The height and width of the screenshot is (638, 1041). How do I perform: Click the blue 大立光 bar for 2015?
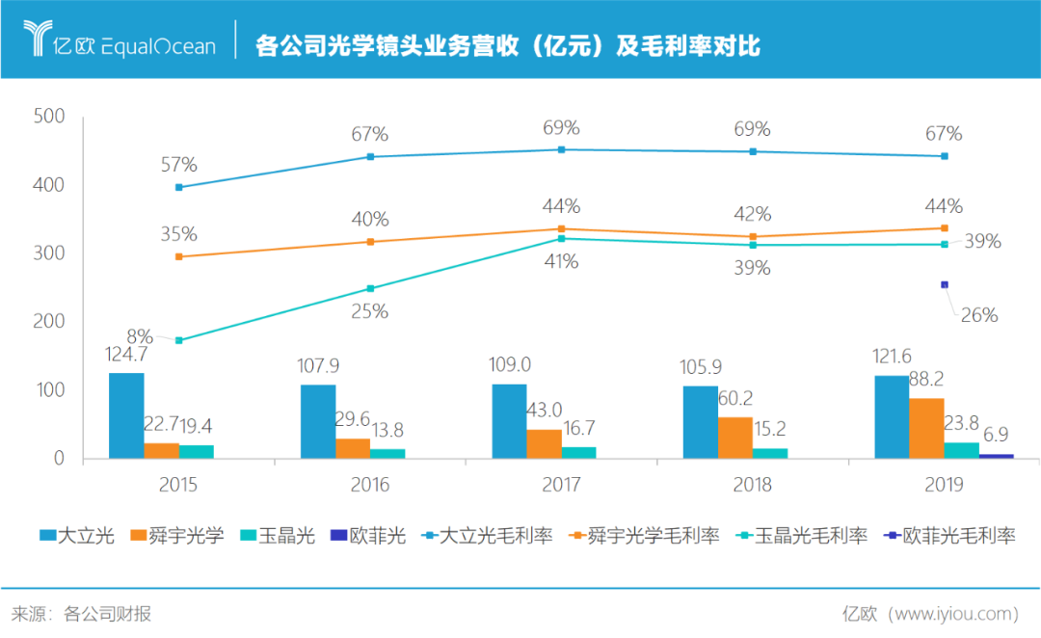[x=126, y=415]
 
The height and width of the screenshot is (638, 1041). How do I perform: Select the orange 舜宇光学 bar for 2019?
[x=926, y=428]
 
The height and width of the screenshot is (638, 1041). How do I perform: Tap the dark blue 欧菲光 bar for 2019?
[x=997, y=456]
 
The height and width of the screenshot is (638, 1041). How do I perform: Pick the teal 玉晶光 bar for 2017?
[x=578, y=452]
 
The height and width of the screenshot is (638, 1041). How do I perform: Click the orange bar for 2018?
[x=735, y=438]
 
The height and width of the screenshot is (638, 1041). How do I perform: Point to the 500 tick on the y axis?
[x=48, y=117]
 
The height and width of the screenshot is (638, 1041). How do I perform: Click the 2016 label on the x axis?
[x=370, y=484]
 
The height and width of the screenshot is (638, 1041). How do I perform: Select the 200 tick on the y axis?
[x=48, y=322]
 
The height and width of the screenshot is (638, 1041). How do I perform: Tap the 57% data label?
[x=179, y=165]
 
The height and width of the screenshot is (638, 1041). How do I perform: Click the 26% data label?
[x=979, y=315]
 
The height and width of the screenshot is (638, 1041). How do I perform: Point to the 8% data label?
[x=140, y=336]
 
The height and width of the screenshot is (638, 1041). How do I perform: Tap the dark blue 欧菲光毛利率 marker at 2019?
[x=945, y=284]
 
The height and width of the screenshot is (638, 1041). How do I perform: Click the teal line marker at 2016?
[x=370, y=288]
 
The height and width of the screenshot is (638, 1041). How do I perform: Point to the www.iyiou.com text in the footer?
[x=954, y=613]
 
